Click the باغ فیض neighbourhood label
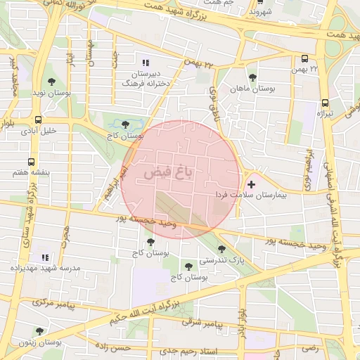(168, 171)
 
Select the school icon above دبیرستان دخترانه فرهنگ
(146, 63)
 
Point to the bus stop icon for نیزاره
(324, 102)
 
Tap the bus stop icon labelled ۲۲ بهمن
(305, 59)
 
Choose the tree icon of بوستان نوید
(51, 82)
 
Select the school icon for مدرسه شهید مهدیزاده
(46, 257)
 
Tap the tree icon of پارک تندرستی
(222, 249)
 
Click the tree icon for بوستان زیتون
(39, 331)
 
